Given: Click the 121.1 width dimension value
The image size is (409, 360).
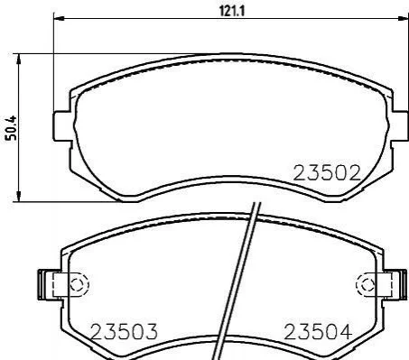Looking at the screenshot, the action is pyautogui.click(x=232, y=11).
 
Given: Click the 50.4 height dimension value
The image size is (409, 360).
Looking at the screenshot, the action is pyautogui.click(x=12, y=128).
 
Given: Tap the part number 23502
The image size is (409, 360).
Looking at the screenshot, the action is pyautogui.click(x=327, y=173).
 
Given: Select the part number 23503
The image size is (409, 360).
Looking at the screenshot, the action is pyautogui.click(x=124, y=332).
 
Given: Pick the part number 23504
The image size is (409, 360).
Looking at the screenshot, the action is pyautogui.click(x=318, y=332).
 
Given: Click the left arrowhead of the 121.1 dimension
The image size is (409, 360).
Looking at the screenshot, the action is pyautogui.click(x=59, y=18).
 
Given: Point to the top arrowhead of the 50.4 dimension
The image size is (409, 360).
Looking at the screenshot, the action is pyautogui.click(x=19, y=59).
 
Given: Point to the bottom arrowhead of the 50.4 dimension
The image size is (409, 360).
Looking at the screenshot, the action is pyautogui.click(x=19, y=197).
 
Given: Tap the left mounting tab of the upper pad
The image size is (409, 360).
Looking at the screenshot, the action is pyautogui.click(x=62, y=126).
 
